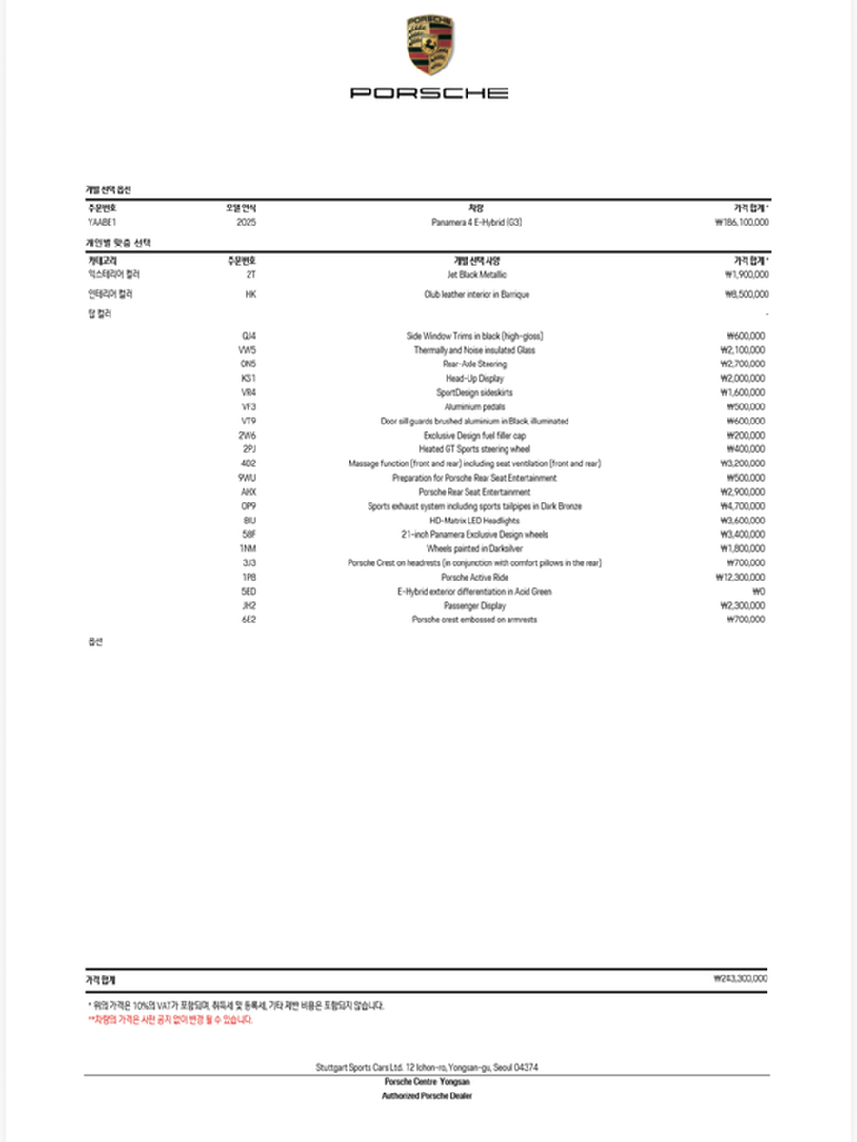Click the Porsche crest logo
429,47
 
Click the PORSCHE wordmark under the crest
429,93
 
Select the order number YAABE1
101,222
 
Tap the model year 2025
246,222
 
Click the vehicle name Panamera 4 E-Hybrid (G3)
476,222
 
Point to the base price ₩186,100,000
741,222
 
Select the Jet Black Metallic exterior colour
476,274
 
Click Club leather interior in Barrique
476,295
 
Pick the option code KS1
248,378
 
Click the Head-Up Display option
475,378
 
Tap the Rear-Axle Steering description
475,364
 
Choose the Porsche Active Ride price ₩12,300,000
740,577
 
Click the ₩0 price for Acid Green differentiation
757,591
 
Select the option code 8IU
248,521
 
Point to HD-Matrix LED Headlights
475,521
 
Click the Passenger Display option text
475,605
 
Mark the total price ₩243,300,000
740,978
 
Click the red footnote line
169,1019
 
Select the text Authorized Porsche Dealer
428,1095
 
